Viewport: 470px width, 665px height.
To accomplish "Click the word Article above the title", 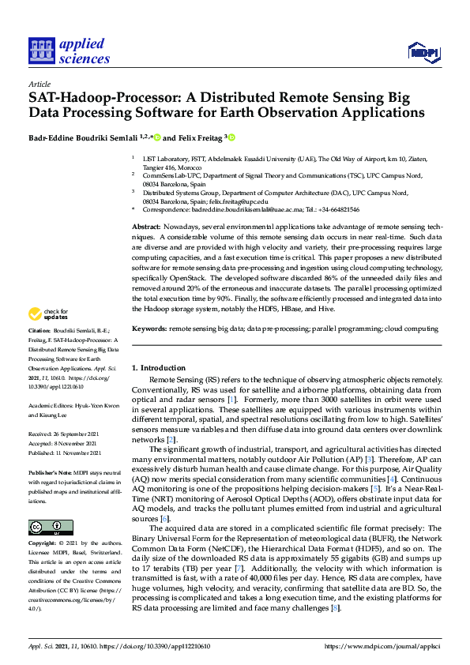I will [39, 83].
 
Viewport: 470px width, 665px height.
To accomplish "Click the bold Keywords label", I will [149, 328].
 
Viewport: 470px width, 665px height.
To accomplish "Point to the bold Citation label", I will [39, 351].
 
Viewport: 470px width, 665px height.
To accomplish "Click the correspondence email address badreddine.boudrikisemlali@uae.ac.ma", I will [238, 210].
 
